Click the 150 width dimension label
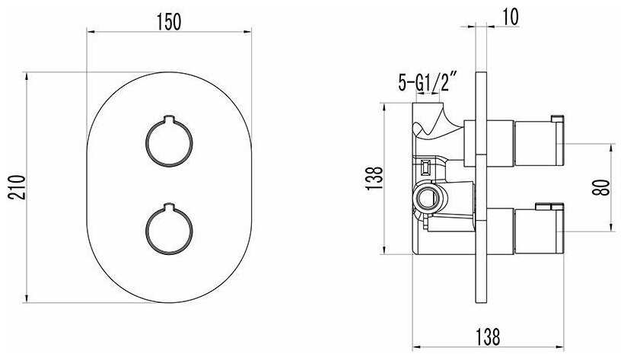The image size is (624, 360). [x=169, y=21]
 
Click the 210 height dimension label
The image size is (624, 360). [x=17, y=187]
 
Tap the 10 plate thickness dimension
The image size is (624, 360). [x=511, y=17]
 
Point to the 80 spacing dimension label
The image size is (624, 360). [x=602, y=187]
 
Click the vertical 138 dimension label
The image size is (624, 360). [x=374, y=178]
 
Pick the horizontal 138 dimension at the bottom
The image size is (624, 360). [x=488, y=337]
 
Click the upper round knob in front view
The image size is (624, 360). [x=169, y=142]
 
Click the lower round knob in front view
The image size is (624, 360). [x=169, y=229]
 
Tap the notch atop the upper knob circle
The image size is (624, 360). [x=169, y=119]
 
